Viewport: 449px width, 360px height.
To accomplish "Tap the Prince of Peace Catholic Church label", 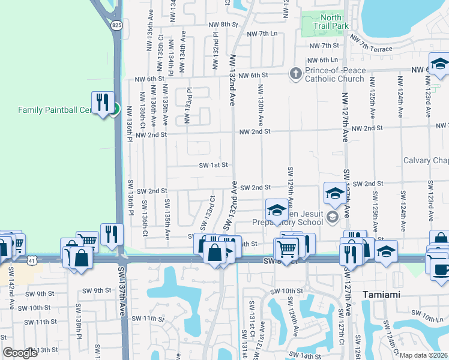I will [x=334, y=74].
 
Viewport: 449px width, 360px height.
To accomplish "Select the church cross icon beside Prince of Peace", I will [x=295, y=74].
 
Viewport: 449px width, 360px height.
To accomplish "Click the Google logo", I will [x=20, y=353].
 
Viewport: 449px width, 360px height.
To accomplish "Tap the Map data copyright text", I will [x=423, y=355].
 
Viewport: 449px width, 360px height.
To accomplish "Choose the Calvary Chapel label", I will [x=426, y=160].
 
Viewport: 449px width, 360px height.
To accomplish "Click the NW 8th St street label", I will [x=223, y=25].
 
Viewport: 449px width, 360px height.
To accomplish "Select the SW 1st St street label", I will [x=214, y=165].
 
